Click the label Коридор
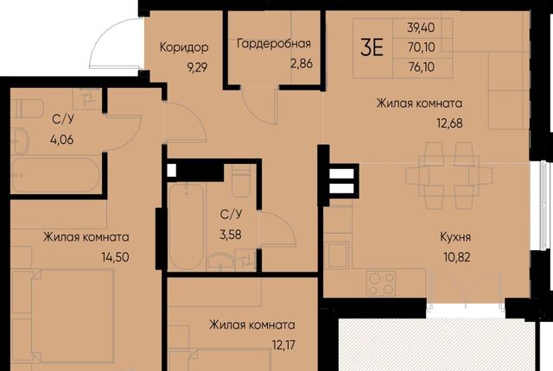184,47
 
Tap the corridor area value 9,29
197,67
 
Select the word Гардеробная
274,44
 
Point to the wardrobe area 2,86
302,64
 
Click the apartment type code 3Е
372,47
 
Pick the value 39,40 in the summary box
421,28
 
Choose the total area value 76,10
422,67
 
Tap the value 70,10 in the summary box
422,47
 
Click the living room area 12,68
449,123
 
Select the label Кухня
455,237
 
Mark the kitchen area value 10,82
457,257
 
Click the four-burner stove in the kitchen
381,283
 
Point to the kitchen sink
338,255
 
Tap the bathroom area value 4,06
62,140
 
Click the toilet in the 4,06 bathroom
27,108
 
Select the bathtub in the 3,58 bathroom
187,227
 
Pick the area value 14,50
115,257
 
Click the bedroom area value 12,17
283,345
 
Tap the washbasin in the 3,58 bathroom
220,262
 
